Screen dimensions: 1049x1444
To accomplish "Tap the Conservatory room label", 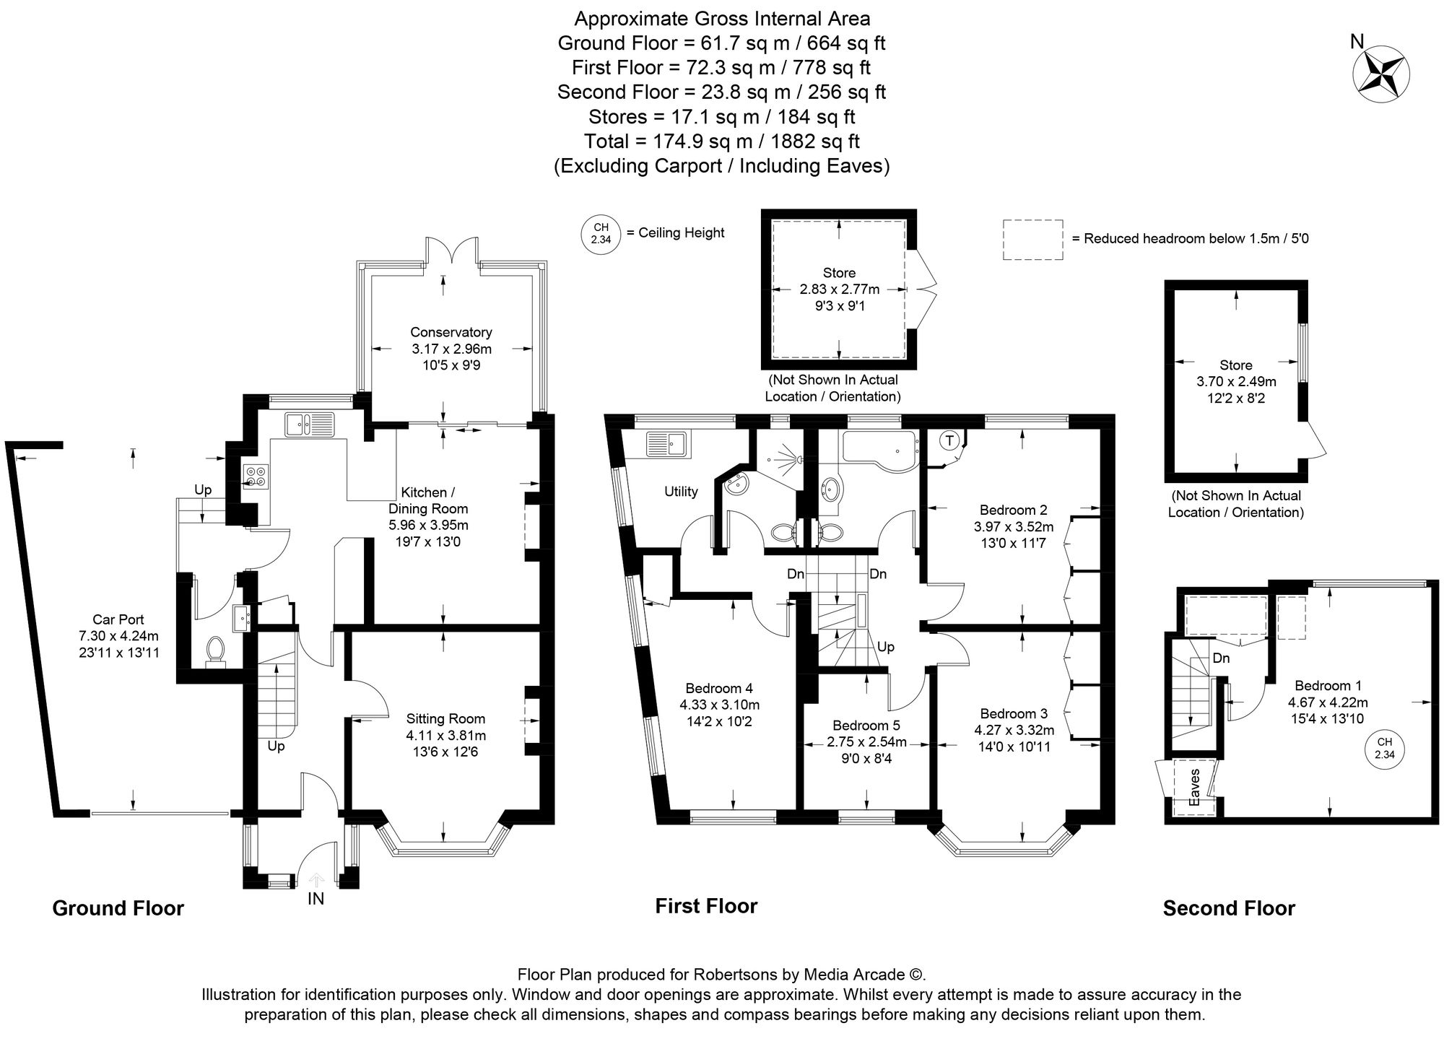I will [451, 332].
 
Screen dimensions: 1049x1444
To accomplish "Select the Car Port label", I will [118, 619].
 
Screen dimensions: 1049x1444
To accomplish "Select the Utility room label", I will [681, 492].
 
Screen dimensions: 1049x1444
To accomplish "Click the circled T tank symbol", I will [949, 440].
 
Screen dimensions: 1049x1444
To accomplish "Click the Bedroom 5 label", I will [866, 725].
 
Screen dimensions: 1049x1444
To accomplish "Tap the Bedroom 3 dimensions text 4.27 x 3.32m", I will [1014, 730].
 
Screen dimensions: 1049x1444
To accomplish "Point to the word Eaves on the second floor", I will [1195, 787].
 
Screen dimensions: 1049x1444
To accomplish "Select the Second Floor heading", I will [1229, 907].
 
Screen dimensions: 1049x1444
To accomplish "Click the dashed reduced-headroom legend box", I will [1033, 240].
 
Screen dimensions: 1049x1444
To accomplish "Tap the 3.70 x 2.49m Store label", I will [1236, 381].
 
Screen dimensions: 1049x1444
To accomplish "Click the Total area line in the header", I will [721, 142].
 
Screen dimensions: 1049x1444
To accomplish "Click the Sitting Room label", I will [445, 718].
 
